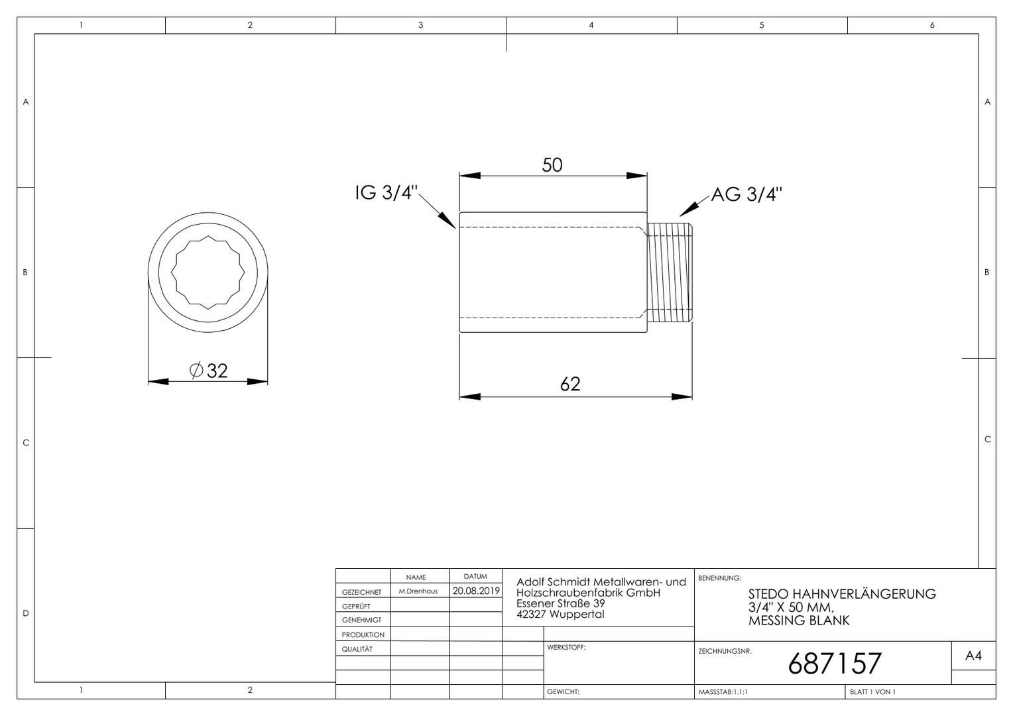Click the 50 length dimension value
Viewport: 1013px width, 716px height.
(552, 165)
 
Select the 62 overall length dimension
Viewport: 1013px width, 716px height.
(570, 384)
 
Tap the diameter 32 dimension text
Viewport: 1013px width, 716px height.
(208, 371)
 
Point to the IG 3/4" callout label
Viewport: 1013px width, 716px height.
(386, 193)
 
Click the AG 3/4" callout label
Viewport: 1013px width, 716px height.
(746, 194)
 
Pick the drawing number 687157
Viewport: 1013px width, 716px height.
(835, 663)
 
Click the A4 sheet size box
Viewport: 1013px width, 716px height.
(973, 656)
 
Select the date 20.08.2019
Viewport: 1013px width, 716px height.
(476, 591)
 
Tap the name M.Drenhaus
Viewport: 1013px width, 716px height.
(418, 591)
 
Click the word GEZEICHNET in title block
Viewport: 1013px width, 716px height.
(362, 592)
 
